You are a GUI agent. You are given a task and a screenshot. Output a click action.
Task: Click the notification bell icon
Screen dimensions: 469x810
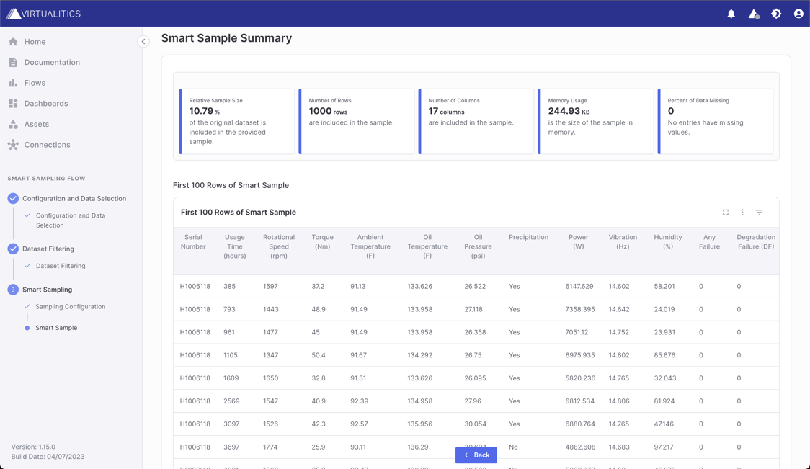(x=731, y=14)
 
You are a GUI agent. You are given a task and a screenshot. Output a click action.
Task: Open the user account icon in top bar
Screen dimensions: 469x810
(x=798, y=14)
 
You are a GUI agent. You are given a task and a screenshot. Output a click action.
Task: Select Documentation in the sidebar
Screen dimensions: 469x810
(x=52, y=63)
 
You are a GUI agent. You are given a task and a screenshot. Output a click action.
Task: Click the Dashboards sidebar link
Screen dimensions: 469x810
(x=45, y=104)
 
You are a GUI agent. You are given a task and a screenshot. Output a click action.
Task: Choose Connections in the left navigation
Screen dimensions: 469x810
(x=47, y=145)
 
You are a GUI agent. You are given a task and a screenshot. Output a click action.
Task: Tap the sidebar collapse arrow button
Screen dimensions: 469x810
(x=143, y=42)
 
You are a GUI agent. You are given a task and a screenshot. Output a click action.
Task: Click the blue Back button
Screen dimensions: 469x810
(x=476, y=455)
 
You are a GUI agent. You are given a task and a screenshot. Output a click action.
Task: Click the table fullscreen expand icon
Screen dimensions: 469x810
(x=726, y=213)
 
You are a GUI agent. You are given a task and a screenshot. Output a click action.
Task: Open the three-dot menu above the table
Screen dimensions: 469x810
(x=742, y=213)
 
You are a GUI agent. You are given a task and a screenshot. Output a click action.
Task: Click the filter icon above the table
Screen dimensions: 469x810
(x=760, y=213)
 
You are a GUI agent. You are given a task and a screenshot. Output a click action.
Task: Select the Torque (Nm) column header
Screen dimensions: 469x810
(x=322, y=242)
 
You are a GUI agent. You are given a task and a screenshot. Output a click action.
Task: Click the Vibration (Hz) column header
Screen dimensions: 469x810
(x=622, y=242)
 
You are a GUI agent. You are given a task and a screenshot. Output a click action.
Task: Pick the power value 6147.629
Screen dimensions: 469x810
(x=579, y=287)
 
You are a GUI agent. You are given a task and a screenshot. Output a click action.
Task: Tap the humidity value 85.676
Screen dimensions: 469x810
(x=664, y=355)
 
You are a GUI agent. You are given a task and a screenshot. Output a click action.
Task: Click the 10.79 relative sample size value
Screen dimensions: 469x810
(x=201, y=111)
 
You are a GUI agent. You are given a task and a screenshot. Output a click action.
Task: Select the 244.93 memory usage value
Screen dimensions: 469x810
(x=564, y=111)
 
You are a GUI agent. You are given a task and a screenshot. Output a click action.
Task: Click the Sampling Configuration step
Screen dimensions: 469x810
(x=70, y=307)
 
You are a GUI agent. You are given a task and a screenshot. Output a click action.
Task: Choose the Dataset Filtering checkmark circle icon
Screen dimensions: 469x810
(x=13, y=249)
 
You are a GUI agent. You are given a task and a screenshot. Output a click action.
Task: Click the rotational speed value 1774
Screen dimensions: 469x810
(x=270, y=447)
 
